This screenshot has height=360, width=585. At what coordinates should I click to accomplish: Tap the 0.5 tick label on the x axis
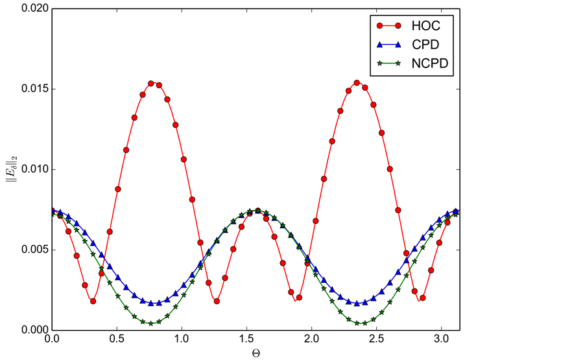tap(117, 340)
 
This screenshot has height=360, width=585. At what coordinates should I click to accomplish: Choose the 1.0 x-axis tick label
tap(182, 340)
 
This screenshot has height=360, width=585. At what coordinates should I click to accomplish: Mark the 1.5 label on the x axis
tap(247, 340)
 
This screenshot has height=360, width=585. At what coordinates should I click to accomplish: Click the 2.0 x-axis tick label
tap(312, 340)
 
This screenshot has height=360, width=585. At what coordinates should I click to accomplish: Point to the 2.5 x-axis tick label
tap(377, 340)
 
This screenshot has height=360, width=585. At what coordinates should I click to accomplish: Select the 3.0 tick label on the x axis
tap(442, 340)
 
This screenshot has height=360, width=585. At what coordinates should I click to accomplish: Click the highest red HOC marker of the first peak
tap(151, 84)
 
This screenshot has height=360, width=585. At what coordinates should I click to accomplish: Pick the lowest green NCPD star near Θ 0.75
tap(151, 323)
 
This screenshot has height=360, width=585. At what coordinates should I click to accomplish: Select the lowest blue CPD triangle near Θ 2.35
tap(357, 304)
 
